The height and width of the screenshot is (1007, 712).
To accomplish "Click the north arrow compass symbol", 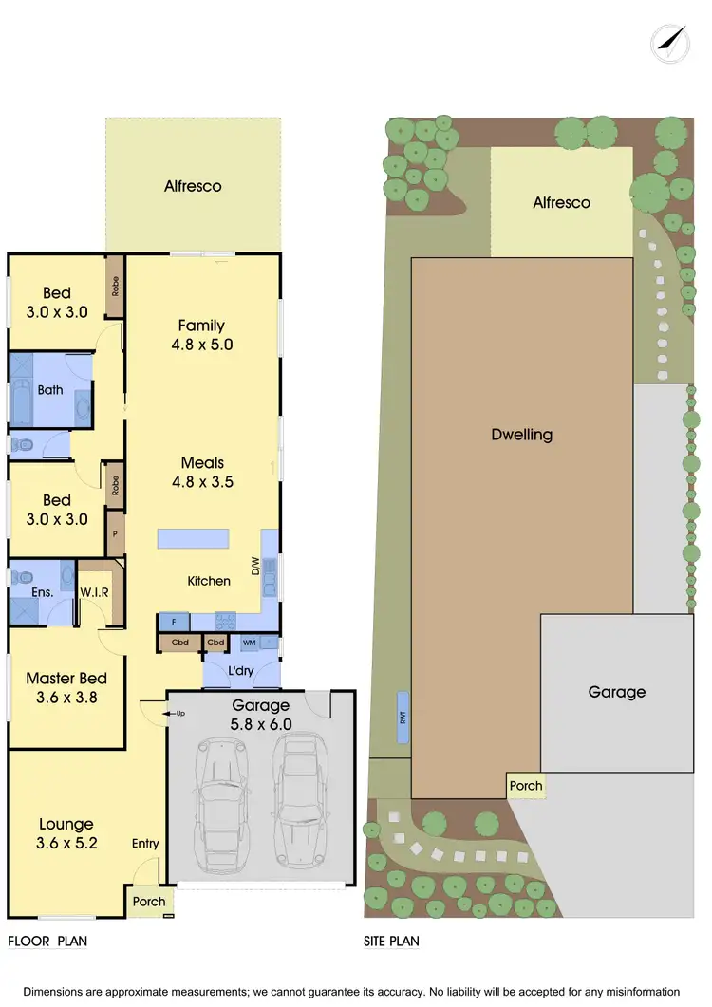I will [671, 43].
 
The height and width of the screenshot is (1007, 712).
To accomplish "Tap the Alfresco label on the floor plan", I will [193, 186].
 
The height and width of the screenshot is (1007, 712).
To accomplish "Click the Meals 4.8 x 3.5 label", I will [202, 472].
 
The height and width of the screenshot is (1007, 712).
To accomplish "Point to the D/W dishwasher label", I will [254, 568].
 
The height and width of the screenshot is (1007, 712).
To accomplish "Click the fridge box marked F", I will [174, 622].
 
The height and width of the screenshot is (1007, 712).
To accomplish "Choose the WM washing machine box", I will [249, 643].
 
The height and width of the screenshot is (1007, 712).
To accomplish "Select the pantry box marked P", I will [115, 534].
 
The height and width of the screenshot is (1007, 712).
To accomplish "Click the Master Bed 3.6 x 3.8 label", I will [66, 687].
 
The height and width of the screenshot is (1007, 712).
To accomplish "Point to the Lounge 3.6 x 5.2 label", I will [66, 833].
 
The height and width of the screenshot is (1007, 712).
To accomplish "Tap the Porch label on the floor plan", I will [149, 902].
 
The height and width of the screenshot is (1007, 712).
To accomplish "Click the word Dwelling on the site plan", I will [522, 435].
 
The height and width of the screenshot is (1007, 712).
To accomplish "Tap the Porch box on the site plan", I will [526, 785].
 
